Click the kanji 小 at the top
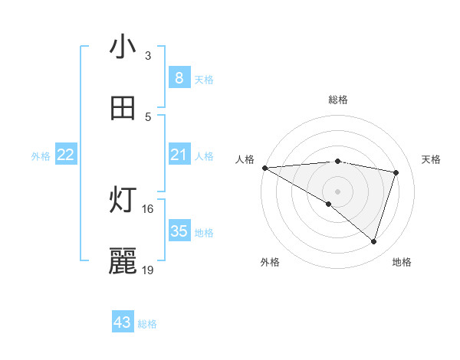pyautogui.click(x=123, y=47)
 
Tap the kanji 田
pyautogui.click(x=123, y=109)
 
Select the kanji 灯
pyautogui.click(x=123, y=201)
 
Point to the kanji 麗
pyautogui.click(x=123, y=262)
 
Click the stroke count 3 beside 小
pyautogui.click(x=148, y=56)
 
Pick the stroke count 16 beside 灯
pyautogui.click(x=147, y=208)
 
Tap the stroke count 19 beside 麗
pyautogui.click(x=147, y=270)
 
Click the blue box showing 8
pyautogui.click(x=179, y=77)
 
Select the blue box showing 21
pyautogui.click(x=179, y=155)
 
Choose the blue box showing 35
pyautogui.click(x=179, y=231)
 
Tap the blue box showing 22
pyautogui.click(x=66, y=155)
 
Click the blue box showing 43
pyautogui.click(x=123, y=322)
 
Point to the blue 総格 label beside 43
pyautogui.click(x=147, y=324)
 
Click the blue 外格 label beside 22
pyautogui.click(x=41, y=156)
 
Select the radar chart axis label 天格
pyautogui.click(x=431, y=159)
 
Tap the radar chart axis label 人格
pyautogui.click(x=244, y=159)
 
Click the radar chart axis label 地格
pyautogui.click(x=402, y=262)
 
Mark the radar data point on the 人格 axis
pyautogui.click(x=264, y=167)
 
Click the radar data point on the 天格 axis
pyautogui.click(x=396, y=172)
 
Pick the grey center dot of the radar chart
pyautogui.click(x=337, y=191)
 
